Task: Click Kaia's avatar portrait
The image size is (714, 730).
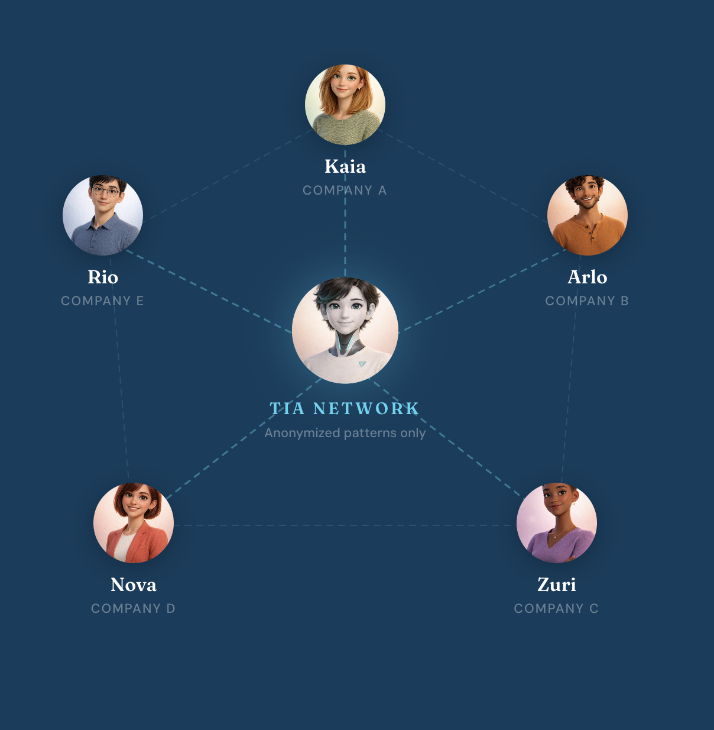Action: pos(345,105)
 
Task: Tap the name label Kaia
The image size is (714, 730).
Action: pos(345,167)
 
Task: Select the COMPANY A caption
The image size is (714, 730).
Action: pos(345,190)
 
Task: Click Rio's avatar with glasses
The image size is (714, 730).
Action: pos(103,215)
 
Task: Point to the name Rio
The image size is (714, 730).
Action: pos(103,277)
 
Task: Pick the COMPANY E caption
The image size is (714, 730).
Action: pos(102,301)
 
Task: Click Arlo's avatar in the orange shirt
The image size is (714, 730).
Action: pos(587,215)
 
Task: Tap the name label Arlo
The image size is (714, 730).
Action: pos(587,277)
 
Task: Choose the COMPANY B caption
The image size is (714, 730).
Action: pos(587,301)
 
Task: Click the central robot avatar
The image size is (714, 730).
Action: pos(345,330)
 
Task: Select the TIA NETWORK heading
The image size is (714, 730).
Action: pos(345,408)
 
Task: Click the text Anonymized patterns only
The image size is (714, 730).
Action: pos(345,433)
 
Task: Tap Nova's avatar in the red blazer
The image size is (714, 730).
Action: pos(133,523)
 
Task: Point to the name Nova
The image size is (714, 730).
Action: pos(133,585)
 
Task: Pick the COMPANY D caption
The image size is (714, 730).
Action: pos(133,608)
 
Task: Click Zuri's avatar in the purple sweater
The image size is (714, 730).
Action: pos(557,523)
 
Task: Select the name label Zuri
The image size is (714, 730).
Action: pos(557,585)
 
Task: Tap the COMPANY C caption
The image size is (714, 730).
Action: pos(556,608)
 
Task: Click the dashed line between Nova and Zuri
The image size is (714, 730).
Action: pos(345,525)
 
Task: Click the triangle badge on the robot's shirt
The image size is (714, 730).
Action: pos(362,364)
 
